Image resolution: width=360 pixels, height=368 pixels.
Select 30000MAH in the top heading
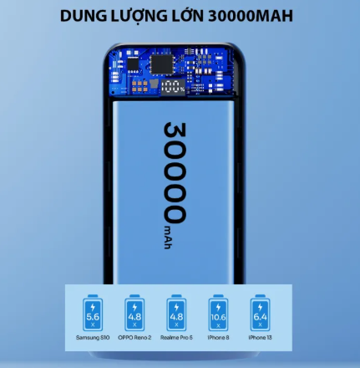251,16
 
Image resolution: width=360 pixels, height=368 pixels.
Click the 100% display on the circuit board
173,87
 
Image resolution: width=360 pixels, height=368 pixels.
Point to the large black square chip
162,64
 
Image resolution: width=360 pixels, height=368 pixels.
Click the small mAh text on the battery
168,237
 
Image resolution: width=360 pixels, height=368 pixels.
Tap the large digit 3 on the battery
175,133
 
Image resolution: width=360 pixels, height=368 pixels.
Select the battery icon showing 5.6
93,312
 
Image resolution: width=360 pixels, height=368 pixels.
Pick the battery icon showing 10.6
218,312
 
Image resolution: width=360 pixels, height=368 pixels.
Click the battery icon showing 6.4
260,312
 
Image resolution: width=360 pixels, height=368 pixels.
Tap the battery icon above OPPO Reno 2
134,312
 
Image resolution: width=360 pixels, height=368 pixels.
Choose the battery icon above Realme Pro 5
176,312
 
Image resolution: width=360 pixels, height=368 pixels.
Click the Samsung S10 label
93,338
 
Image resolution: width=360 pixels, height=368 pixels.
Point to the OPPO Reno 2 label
134,338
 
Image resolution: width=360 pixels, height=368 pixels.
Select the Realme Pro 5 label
176,338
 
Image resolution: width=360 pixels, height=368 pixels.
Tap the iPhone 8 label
218,338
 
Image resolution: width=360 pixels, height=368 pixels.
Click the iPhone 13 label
260,338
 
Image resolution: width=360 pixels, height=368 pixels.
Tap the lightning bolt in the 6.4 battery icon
260,307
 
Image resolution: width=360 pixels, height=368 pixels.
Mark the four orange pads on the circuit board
139,86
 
